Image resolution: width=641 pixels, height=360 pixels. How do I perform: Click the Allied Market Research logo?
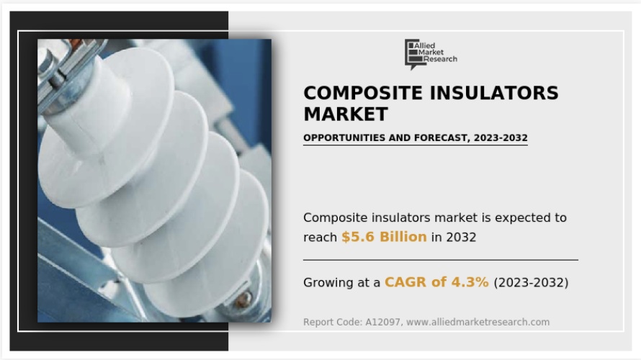pos(431,54)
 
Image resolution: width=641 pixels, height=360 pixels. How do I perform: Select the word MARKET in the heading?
pos(346,114)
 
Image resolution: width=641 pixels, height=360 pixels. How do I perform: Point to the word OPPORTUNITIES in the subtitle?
pos(344,138)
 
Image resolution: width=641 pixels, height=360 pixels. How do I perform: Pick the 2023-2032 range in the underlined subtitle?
pos(501,138)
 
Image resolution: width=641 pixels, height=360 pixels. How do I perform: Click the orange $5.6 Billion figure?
pos(384,237)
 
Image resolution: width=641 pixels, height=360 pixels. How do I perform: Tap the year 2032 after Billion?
pos(461,238)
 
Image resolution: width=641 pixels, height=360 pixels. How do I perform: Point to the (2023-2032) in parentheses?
pos(531,282)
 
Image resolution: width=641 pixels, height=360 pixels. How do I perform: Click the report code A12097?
pos(382,322)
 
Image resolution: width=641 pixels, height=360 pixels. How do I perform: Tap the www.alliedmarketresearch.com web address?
pos(478,322)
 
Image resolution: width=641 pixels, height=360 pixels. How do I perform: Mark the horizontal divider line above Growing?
pos(441,259)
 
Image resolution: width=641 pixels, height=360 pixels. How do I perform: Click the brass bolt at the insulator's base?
pos(243,298)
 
